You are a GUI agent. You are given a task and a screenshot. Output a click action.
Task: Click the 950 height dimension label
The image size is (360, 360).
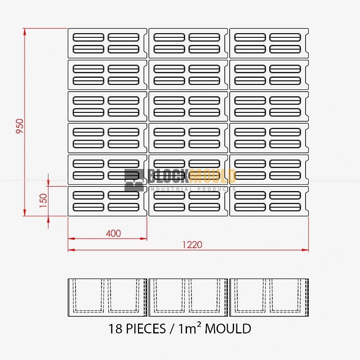click(x=20, y=126)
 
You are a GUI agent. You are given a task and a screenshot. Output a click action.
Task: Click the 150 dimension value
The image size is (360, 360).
click(x=43, y=200)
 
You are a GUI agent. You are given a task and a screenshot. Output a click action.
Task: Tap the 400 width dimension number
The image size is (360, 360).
click(x=113, y=234)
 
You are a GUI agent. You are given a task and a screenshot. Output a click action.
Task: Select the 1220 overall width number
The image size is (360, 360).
click(x=192, y=245)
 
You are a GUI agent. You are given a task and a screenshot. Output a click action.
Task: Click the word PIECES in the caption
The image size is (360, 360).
click(x=146, y=329)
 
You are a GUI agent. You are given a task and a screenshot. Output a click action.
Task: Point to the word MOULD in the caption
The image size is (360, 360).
click(x=228, y=329)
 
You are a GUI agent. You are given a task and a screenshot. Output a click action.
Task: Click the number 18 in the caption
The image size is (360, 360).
click(x=115, y=329)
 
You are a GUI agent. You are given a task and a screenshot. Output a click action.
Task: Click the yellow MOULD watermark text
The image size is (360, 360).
click(x=213, y=176)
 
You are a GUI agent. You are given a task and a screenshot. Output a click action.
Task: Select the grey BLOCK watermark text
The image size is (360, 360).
click(x=168, y=176)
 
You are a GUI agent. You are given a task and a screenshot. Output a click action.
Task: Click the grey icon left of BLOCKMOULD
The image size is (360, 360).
click(x=135, y=180)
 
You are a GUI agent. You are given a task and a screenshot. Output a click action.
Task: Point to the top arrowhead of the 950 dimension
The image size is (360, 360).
click(x=25, y=32)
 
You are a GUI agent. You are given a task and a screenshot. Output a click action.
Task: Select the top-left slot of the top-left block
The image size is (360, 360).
click(x=89, y=37)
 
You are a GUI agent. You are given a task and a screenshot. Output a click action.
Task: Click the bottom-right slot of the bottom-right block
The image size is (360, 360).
click(x=285, y=207)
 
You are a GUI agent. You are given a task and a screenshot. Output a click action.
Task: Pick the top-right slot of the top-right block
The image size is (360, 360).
click(x=285, y=37)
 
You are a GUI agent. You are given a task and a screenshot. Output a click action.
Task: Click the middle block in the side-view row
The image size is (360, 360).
click(x=188, y=298)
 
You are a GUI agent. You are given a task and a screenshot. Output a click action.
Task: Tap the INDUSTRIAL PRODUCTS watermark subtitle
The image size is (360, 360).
click(x=193, y=189)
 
